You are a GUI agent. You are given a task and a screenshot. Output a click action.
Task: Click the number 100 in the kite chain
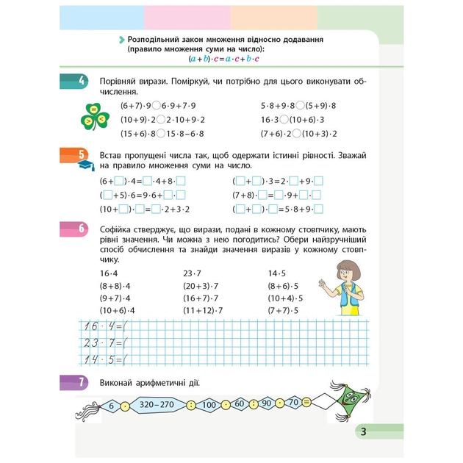tap(209, 403)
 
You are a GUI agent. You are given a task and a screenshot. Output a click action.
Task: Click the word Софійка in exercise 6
tap(118, 230)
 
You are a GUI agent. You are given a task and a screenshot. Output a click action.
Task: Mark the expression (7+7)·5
tap(285, 310)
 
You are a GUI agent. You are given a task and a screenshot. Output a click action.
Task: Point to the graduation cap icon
tap(83, 166)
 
